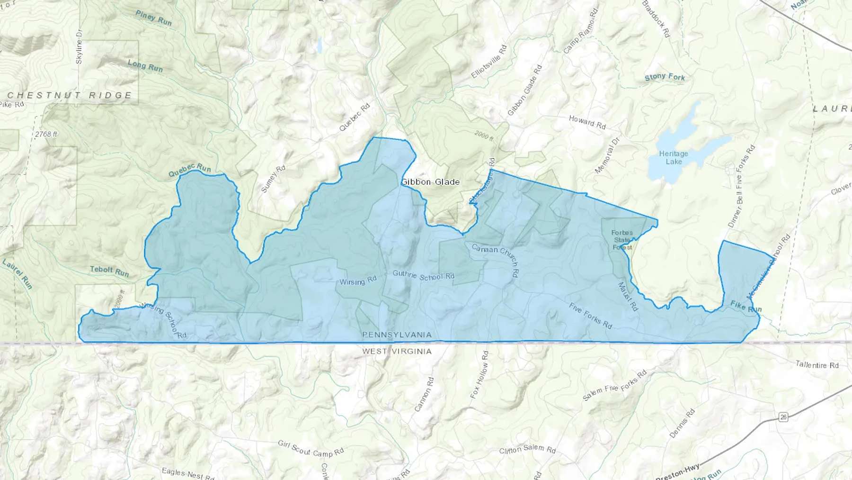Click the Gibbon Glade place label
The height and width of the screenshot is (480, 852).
tap(430, 182)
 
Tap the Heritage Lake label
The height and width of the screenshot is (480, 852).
tap(674, 158)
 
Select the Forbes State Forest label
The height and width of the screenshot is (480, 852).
tap(621, 240)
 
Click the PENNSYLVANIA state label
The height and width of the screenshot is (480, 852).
tap(397, 335)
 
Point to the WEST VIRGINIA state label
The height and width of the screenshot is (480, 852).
tap(397, 352)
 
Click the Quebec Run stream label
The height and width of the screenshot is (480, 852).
tap(189, 171)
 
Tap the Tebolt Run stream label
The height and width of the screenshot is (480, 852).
tap(109, 271)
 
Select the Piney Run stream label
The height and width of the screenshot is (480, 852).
tap(153, 18)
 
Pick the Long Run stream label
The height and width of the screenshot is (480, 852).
tap(145, 65)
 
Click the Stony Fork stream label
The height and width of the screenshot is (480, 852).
tap(665, 77)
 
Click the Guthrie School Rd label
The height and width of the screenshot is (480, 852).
tap(423, 275)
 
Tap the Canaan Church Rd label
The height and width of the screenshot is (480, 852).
tap(496, 259)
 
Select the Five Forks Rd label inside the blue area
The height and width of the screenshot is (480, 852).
tap(590, 316)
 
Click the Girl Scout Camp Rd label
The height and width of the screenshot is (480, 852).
tap(311, 448)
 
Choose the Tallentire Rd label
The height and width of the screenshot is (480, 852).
tap(817, 365)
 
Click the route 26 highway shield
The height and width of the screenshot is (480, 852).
tap(783, 417)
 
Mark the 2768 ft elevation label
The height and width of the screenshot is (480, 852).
tap(46, 135)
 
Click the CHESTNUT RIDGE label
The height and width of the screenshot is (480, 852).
tap(70, 95)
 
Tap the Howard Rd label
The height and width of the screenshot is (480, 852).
tap(587, 122)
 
